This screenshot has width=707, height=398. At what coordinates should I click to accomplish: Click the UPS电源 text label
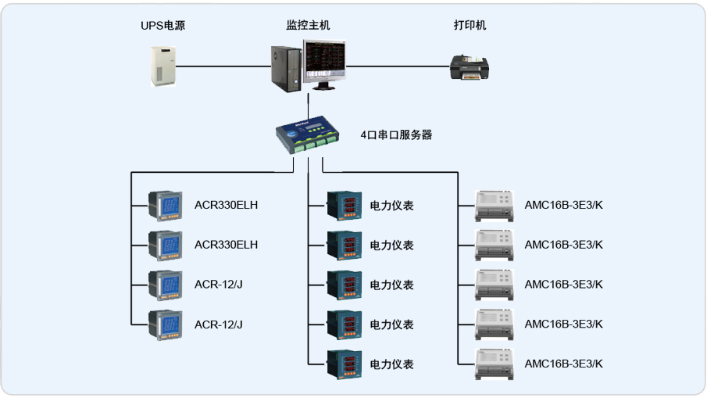(x=162, y=26)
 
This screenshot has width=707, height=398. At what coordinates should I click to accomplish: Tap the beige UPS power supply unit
(x=163, y=66)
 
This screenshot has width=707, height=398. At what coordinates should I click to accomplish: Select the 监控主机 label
(x=308, y=26)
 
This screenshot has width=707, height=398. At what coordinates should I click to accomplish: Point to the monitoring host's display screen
(x=326, y=62)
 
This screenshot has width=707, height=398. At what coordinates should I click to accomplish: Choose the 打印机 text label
(x=470, y=26)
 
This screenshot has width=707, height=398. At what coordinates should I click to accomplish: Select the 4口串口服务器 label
(x=396, y=134)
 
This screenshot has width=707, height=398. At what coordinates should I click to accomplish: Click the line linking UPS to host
(x=223, y=67)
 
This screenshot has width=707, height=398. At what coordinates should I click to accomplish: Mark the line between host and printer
(x=398, y=67)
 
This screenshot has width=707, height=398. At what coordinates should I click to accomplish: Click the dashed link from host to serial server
(x=311, y=103)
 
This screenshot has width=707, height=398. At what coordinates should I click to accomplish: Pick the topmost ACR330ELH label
(x=226, y=206)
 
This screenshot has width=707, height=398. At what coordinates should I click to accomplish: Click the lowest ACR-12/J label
(x=218, y=324)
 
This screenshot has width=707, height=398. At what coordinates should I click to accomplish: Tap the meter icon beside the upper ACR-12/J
(x=165, y=285)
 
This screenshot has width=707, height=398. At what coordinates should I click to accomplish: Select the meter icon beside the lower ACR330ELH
(x=165, y=245)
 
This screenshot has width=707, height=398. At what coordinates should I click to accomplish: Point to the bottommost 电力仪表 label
(x=391, y=364)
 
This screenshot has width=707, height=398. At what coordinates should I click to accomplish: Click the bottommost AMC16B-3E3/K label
(x=563, y=364)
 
